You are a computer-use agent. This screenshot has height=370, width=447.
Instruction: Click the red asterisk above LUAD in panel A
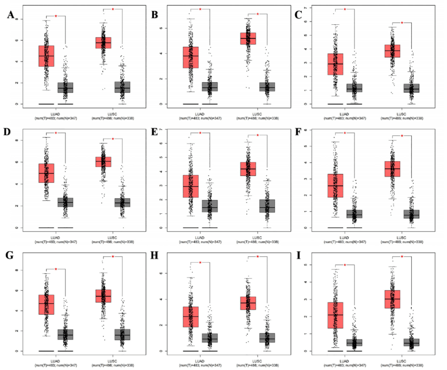point(55,16)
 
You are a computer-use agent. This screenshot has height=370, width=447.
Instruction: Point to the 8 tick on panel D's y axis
point(16,141)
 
